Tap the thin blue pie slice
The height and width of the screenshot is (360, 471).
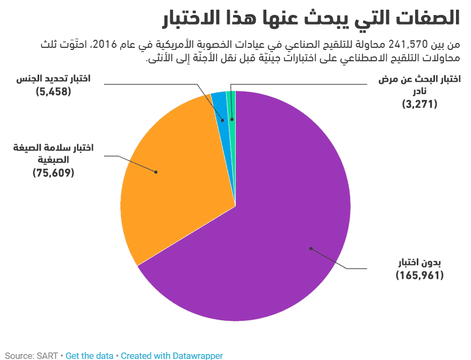point(219,102)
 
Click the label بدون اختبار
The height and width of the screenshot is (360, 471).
point(419,263)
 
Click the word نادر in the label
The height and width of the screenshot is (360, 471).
point(420,91)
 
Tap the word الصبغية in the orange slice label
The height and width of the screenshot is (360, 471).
point(53,160)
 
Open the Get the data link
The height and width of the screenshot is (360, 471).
point(89,355)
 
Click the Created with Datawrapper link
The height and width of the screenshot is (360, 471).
point(171,355)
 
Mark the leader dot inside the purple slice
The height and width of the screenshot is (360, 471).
point(310,248)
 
